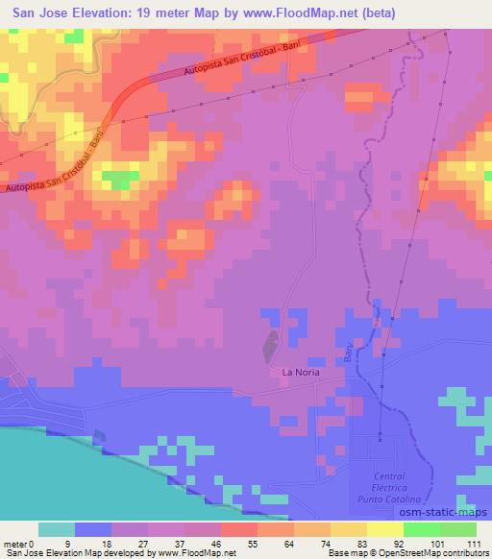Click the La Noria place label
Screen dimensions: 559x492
click(300, 372)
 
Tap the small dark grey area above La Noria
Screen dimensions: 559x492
click(271, 341)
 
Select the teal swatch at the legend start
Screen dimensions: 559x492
click(56, 529)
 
